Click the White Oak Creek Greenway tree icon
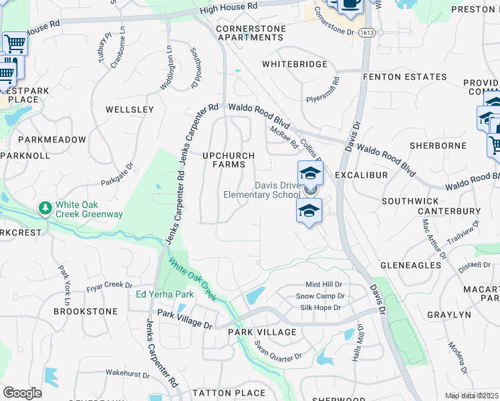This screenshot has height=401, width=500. point(45,209)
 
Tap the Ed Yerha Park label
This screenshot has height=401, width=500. point(164,294)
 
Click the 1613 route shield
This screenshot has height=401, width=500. point(366,32)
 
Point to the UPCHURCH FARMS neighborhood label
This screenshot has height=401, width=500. point(229,160)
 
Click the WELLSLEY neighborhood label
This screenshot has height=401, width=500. point(130,109)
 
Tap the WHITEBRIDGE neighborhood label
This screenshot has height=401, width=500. point(295,64)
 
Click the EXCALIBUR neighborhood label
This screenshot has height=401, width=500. point(362,174)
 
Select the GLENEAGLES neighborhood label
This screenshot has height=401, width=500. point(410,265)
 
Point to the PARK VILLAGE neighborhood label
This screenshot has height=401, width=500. point(262,332)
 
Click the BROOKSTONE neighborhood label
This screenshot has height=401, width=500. point(86,311)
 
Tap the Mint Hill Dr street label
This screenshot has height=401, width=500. point(324,284)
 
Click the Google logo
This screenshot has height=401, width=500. point(23,393)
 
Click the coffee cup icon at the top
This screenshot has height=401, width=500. point(350,4)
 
